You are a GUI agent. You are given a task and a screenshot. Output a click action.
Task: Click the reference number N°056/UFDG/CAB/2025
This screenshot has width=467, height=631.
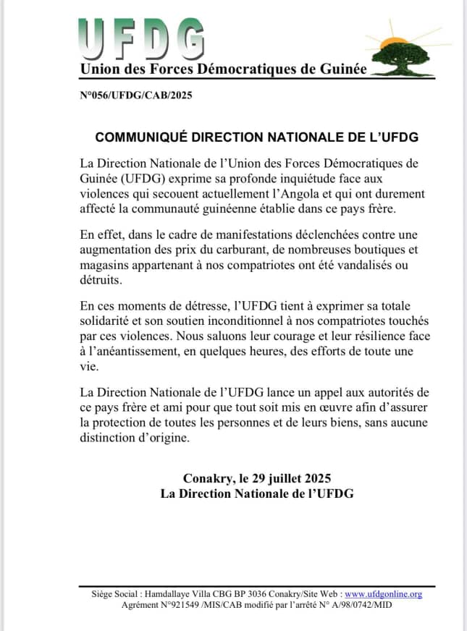point(135,96)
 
